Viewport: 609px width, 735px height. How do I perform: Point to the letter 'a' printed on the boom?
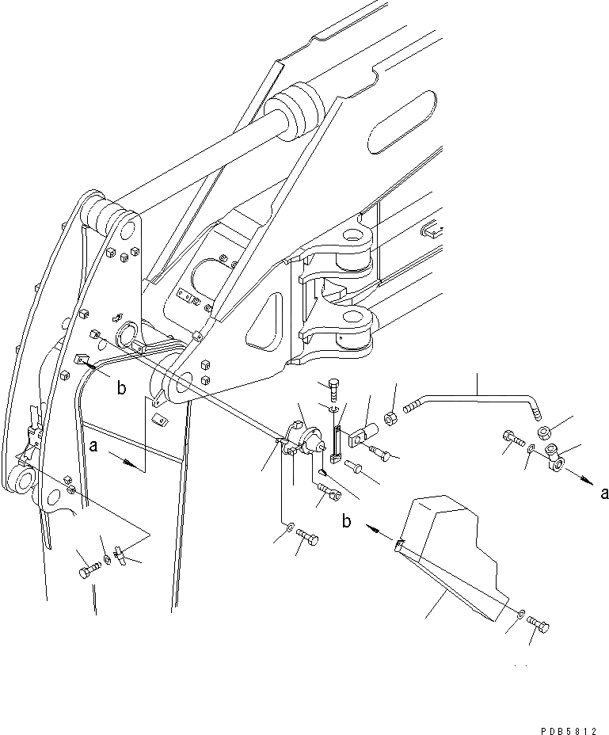point(94,447)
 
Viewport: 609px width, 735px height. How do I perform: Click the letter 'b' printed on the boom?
point(120,388)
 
